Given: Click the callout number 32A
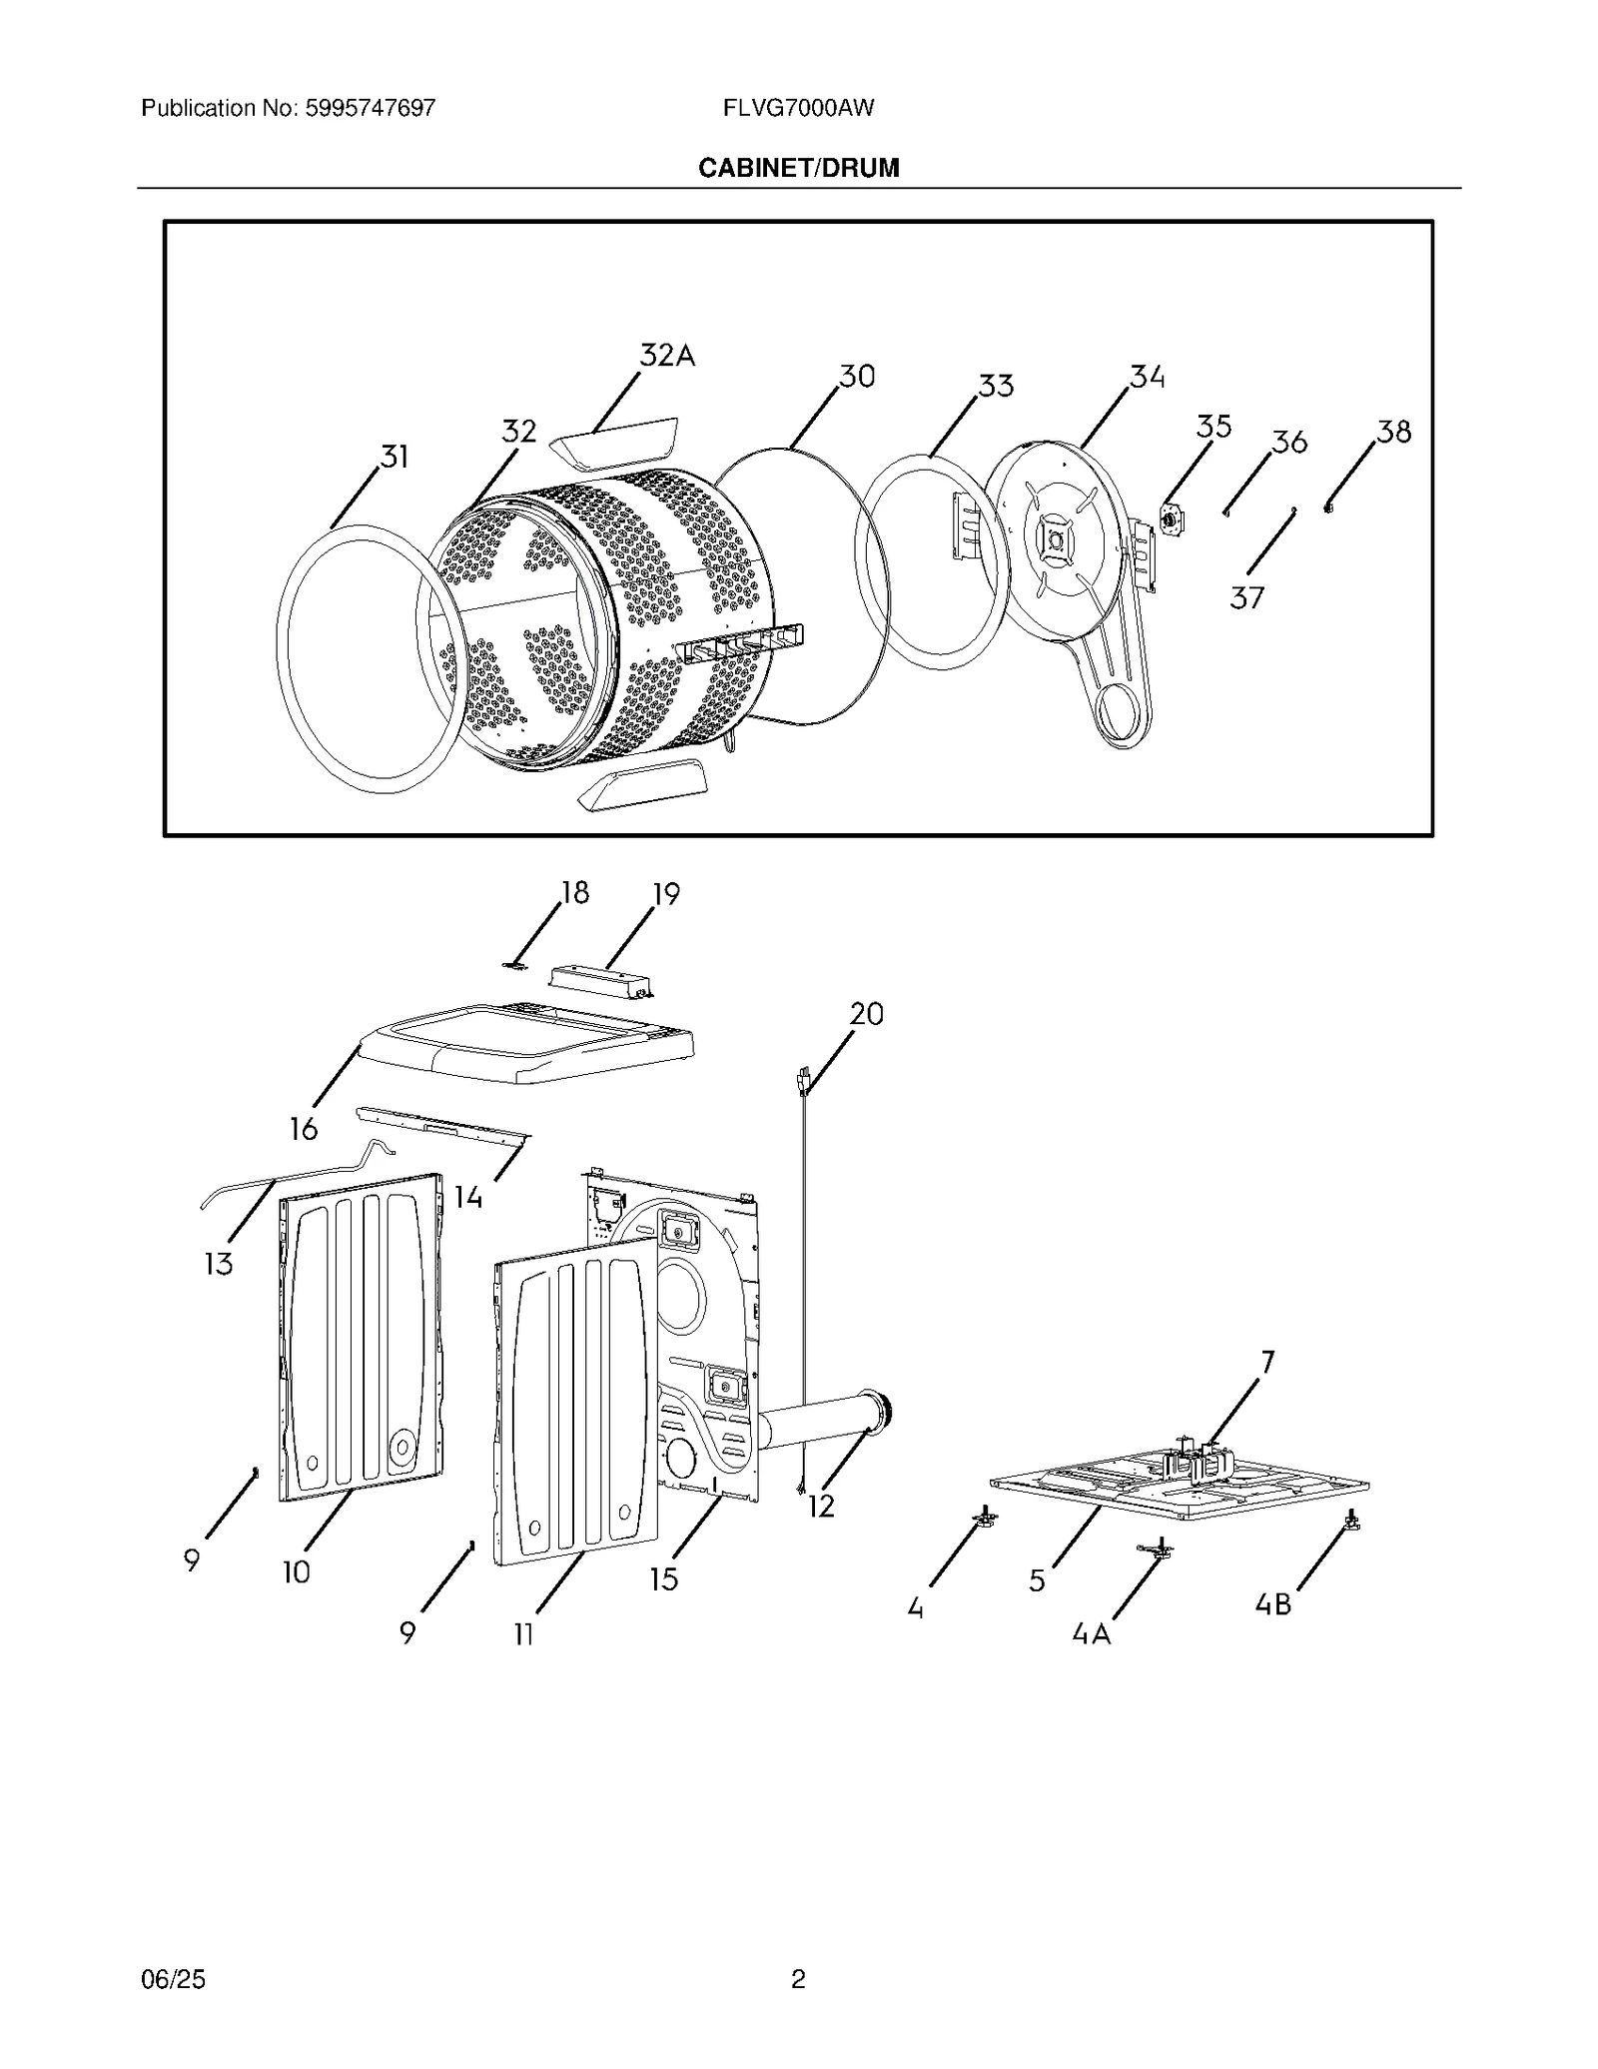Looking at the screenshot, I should pyautogui.click(x=667, y=355).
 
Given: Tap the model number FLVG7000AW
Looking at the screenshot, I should pyautogui.click(x=798, y=108).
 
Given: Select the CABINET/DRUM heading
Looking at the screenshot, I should pyautogui.click(x=798, y=168).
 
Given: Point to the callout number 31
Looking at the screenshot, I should pyautogui.click(x=396, y=457).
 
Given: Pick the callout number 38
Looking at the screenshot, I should pyautogui.click(x=1394, y=432).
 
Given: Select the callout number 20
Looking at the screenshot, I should pyautogui.click(x=867, y=1014).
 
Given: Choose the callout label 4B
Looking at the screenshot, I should pyautogui.click(x=1273, y=1604).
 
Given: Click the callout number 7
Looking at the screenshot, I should pyautogui.click(x=1268, y=1362).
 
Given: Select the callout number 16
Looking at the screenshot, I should pyautogui.click(x=304, y=1129).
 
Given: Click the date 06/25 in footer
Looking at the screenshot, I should pyautogui.click(x=174, y=1979).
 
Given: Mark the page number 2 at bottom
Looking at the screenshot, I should pyautogui.click(x=798, y=1979).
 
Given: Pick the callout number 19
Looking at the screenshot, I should pyautogui.click(x=666, y=894).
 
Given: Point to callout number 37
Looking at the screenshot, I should pyautogui.click(x=1246, y=597).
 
